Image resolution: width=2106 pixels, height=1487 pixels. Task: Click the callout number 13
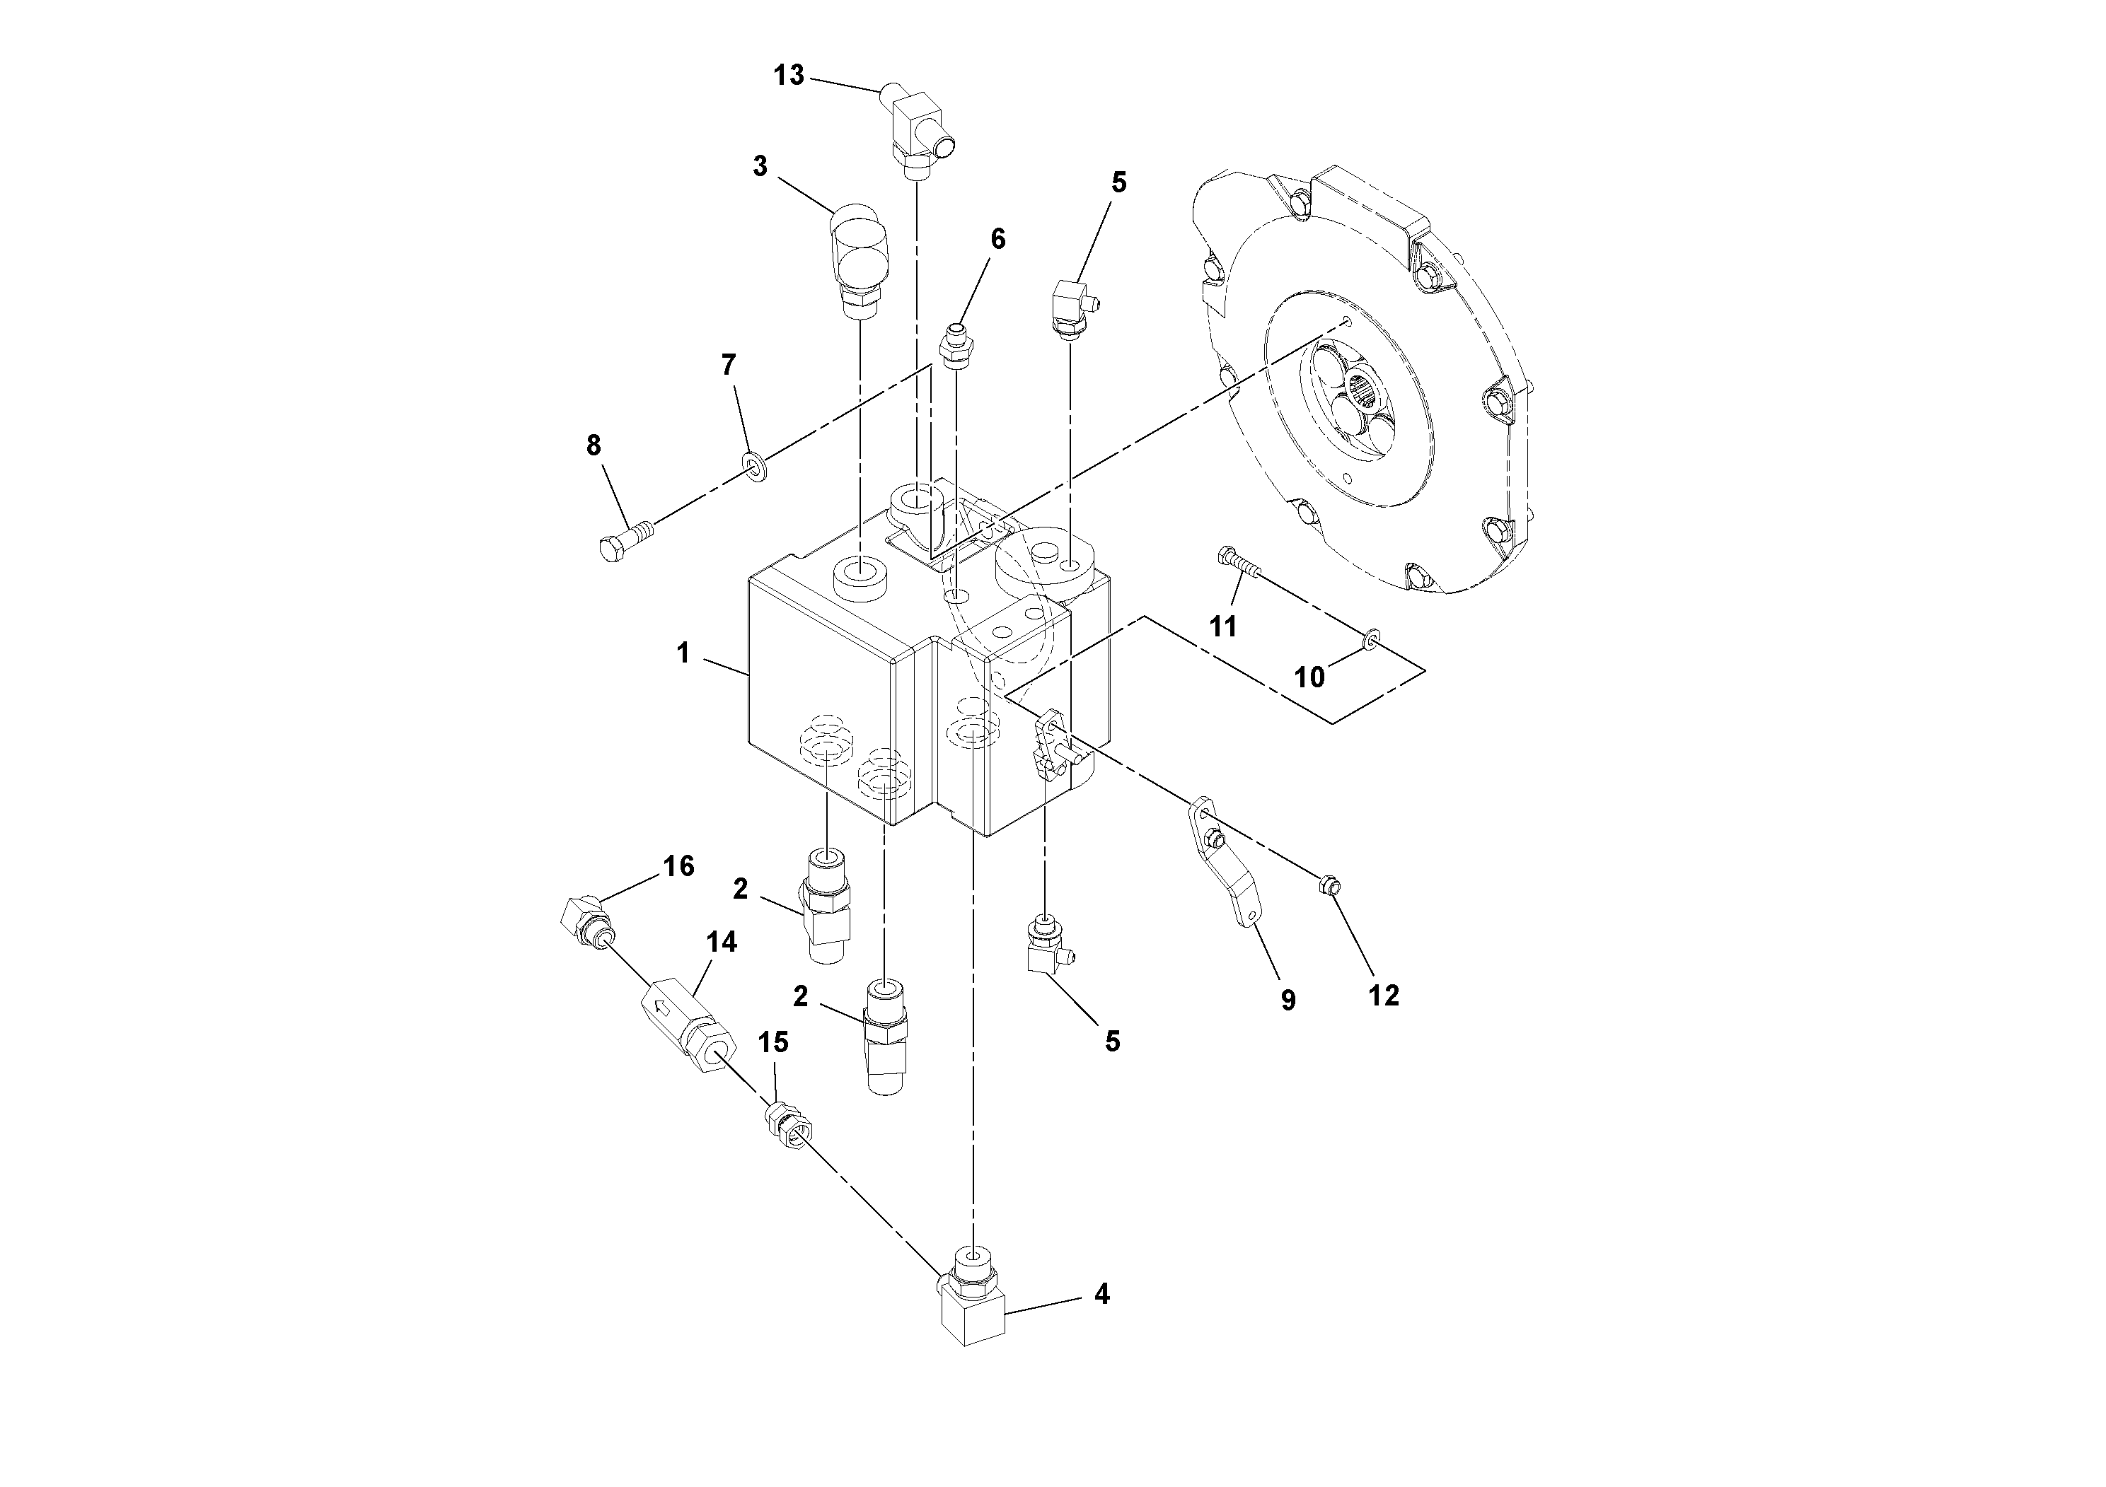[x=788, y=75]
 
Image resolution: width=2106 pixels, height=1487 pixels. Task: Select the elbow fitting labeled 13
[x=918, y=133]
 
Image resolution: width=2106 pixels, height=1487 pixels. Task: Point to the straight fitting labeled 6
[x=956, y=346]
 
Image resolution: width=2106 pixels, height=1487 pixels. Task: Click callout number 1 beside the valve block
[x=683, y=653]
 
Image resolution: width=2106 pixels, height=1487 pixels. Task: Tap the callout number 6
[x=998, y=239]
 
